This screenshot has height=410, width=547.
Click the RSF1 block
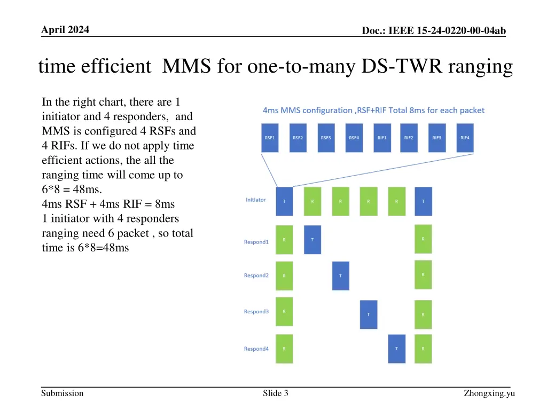[270, 138]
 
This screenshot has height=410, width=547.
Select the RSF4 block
[354, 138]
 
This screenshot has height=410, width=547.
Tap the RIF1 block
[381, 138]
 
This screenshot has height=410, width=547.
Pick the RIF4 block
[465, 138]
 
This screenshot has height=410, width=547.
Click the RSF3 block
[326, 138]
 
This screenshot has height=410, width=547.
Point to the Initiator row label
[255, 200]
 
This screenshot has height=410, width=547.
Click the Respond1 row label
[256, 242]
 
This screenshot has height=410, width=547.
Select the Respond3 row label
[256, 312]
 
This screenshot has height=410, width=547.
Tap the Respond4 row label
[256, 349]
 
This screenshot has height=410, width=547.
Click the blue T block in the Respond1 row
[312, 240]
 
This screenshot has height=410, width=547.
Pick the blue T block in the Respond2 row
[340, 275]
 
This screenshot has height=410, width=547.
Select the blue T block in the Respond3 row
[368, 314]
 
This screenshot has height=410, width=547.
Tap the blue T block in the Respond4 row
[396, 349]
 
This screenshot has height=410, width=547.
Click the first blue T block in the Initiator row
[284, 201]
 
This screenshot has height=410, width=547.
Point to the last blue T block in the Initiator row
[423, 201]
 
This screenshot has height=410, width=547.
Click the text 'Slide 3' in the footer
[276, 393]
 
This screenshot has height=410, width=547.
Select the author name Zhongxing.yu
[489, 393]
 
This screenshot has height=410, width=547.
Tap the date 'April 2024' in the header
[66, 30]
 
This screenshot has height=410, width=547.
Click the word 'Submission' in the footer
[62, 393]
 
